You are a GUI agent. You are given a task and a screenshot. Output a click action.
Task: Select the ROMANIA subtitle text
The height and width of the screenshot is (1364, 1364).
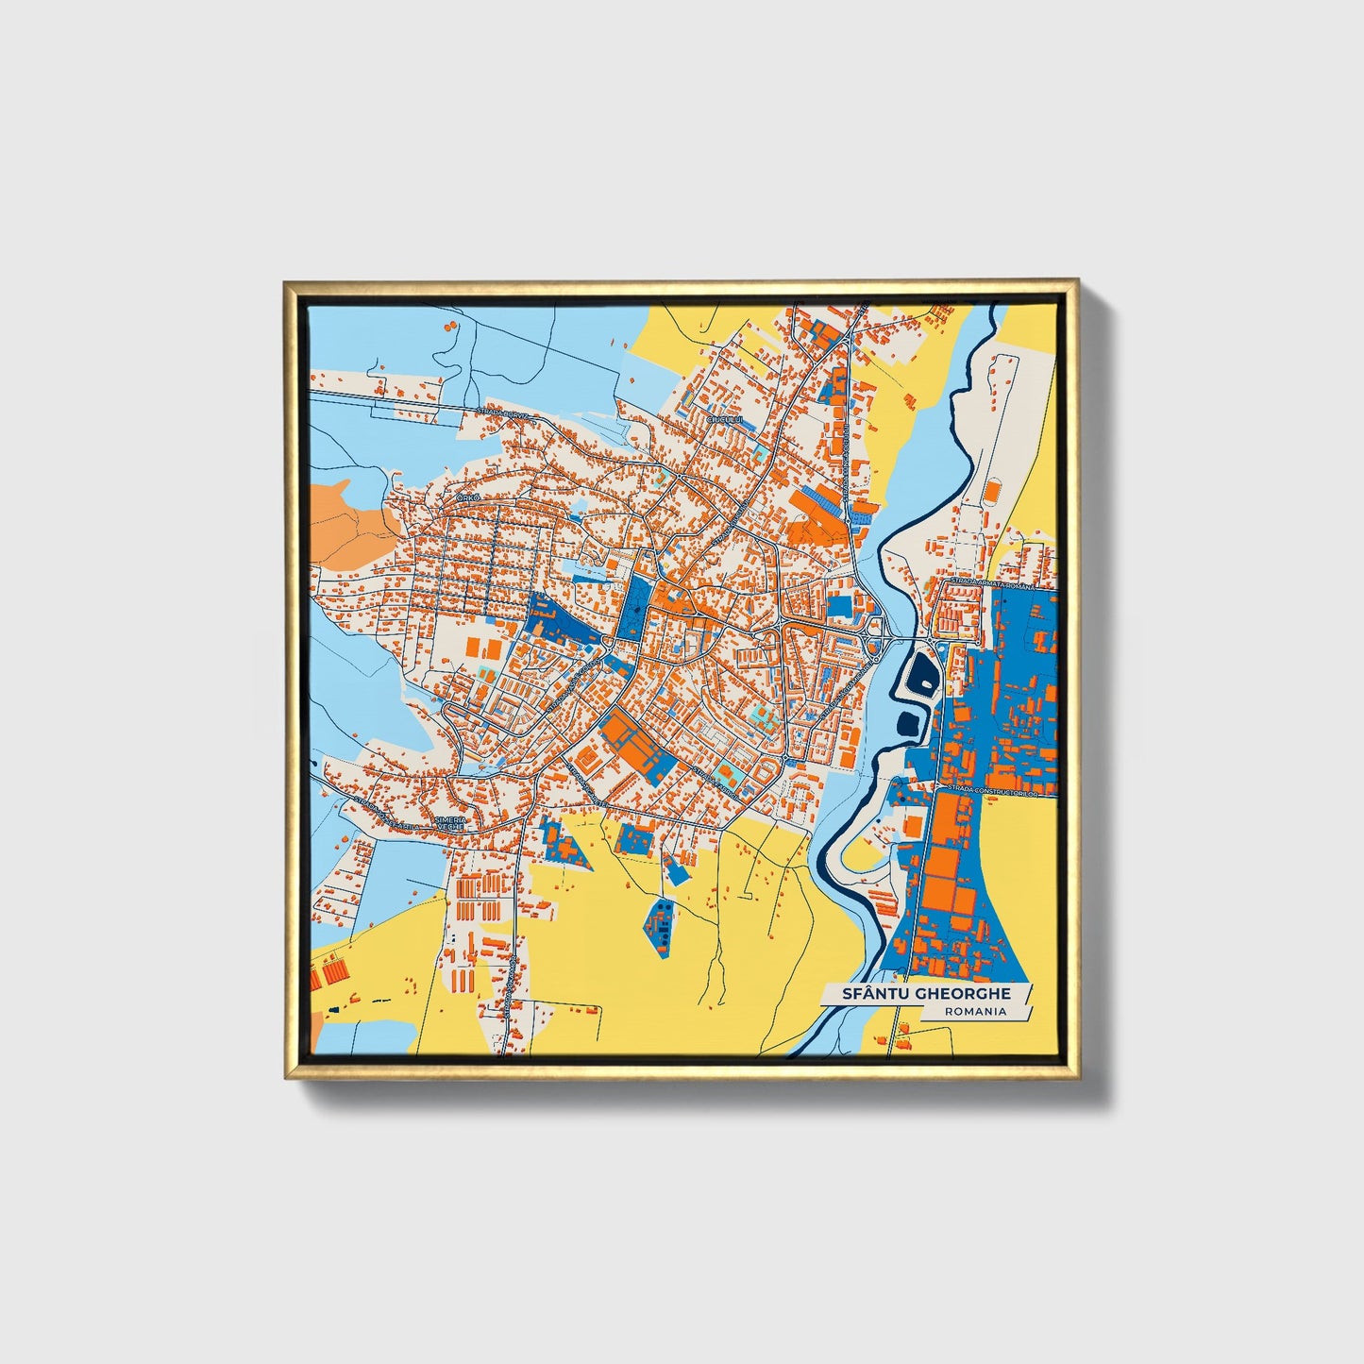coord(974,1011)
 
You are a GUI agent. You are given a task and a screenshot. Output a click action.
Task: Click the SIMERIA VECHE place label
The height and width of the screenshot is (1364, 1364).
coord(451,824)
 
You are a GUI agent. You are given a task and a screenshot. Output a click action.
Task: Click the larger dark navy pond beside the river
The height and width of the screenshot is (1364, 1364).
coord(919,672)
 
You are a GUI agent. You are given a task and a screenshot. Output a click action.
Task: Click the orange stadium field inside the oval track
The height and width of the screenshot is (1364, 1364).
coord(992,493)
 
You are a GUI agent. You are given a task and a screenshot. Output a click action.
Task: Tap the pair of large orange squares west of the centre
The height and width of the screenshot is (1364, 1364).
coord(482,648)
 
